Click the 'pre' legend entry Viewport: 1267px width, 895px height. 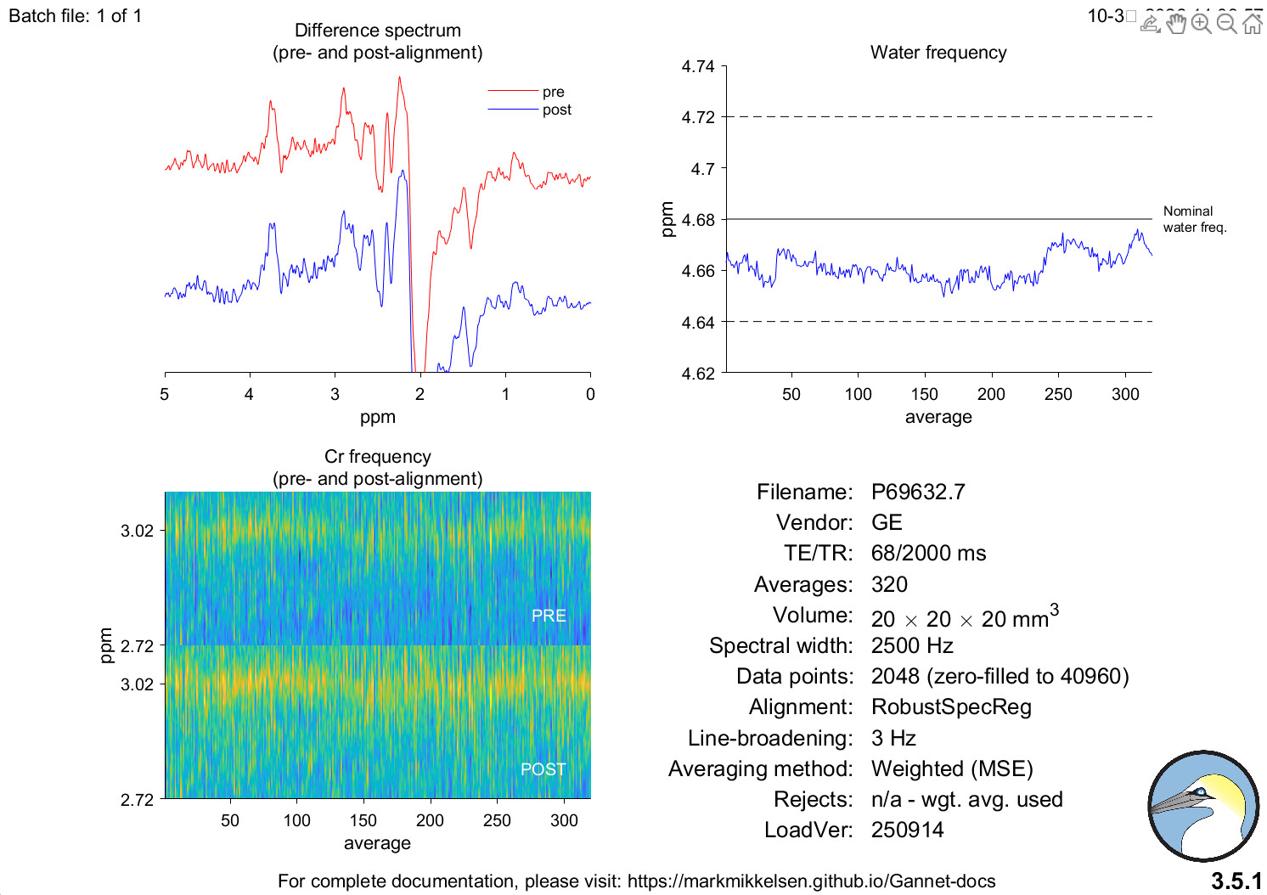[x=553, y=92]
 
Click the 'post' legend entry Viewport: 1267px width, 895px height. [x=556, y=110]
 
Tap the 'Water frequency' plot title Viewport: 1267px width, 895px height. [x=938, y=53]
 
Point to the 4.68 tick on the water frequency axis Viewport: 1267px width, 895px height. [x=698, y=220]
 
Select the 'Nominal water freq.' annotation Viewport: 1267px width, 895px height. [x=1194, y=219]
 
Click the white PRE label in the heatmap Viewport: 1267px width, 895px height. [x=549, y=616]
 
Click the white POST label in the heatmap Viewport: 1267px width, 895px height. [x=543, y=769]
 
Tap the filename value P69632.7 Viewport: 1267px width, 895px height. [x=917, y=493]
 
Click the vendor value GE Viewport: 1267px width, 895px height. [x=887, y=523]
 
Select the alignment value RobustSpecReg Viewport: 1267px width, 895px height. [x=951, y=707]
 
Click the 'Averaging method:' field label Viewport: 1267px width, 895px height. [x=760, y=769]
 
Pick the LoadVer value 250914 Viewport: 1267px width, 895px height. [x=907, y=830]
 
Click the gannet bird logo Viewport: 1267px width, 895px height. [x=1203, y=805]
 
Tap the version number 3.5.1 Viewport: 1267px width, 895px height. [x=1236, y=881]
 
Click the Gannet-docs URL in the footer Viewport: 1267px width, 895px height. [x=811, y=881]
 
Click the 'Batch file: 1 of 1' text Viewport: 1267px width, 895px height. [x=75, y=16]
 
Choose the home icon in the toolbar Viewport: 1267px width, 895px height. [x=1253, y=23]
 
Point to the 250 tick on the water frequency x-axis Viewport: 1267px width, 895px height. [x=1058, y=394]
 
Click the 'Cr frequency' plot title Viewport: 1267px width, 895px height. [x=377, y=457]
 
